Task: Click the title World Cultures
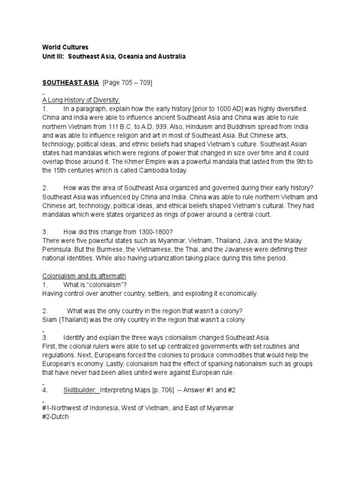click(65, 47)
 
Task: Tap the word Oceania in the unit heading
click(138, 56)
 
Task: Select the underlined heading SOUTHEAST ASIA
click(70, 82)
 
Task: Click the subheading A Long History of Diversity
click(81, 100)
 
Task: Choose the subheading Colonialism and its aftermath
click(84, 276)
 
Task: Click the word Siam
click(50, 320)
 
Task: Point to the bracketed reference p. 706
click(168, 390)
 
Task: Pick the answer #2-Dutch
click(55, 417)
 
